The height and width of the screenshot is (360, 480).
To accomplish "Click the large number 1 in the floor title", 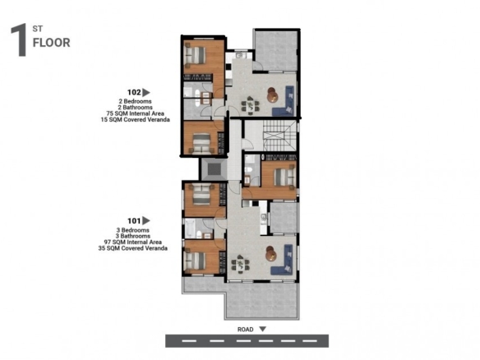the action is pos(19,39).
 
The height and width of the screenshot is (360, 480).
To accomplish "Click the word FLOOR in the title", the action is pos(52,43).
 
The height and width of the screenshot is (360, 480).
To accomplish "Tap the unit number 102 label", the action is pos(134,92).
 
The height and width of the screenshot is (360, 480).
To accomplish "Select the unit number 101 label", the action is pos(134,221).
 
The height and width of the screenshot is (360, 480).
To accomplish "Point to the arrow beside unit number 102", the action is pos(146,92).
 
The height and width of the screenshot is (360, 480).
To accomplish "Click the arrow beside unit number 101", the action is pos(146,220).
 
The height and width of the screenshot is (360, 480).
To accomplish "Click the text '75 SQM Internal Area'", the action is pos(135,113).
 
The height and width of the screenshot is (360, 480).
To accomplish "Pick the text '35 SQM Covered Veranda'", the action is pos(133,248).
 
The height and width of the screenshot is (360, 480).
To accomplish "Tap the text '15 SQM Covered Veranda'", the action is pos(136,120).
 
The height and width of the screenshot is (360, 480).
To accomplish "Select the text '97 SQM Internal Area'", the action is pos(133,242).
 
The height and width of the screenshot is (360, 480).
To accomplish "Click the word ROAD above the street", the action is pos(246,330).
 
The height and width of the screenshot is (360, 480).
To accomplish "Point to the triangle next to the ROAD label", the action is pos(263,329).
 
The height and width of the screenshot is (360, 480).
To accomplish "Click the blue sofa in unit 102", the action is pos(284,101).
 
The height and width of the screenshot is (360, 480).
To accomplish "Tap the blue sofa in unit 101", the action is pos(283,260).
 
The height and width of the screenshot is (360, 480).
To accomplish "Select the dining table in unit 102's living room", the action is pos(251,105).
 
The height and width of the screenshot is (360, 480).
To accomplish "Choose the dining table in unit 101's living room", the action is pos(241,264).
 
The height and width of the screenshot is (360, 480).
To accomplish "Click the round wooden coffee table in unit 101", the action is pos(271,254).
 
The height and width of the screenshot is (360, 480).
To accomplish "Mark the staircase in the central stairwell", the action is pos(279,136).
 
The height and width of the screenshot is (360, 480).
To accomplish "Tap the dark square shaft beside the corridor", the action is pos(214,169).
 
